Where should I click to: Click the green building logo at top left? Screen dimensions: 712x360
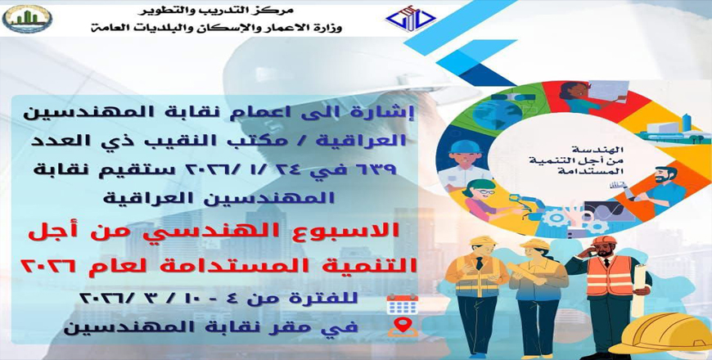pos(27,19)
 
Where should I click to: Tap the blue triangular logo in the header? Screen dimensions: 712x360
pos(411,19)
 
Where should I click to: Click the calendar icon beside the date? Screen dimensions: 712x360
pos(403,304)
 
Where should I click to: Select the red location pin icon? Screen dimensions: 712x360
pos(403,326)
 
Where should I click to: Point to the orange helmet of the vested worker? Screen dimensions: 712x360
pos(604,241)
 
